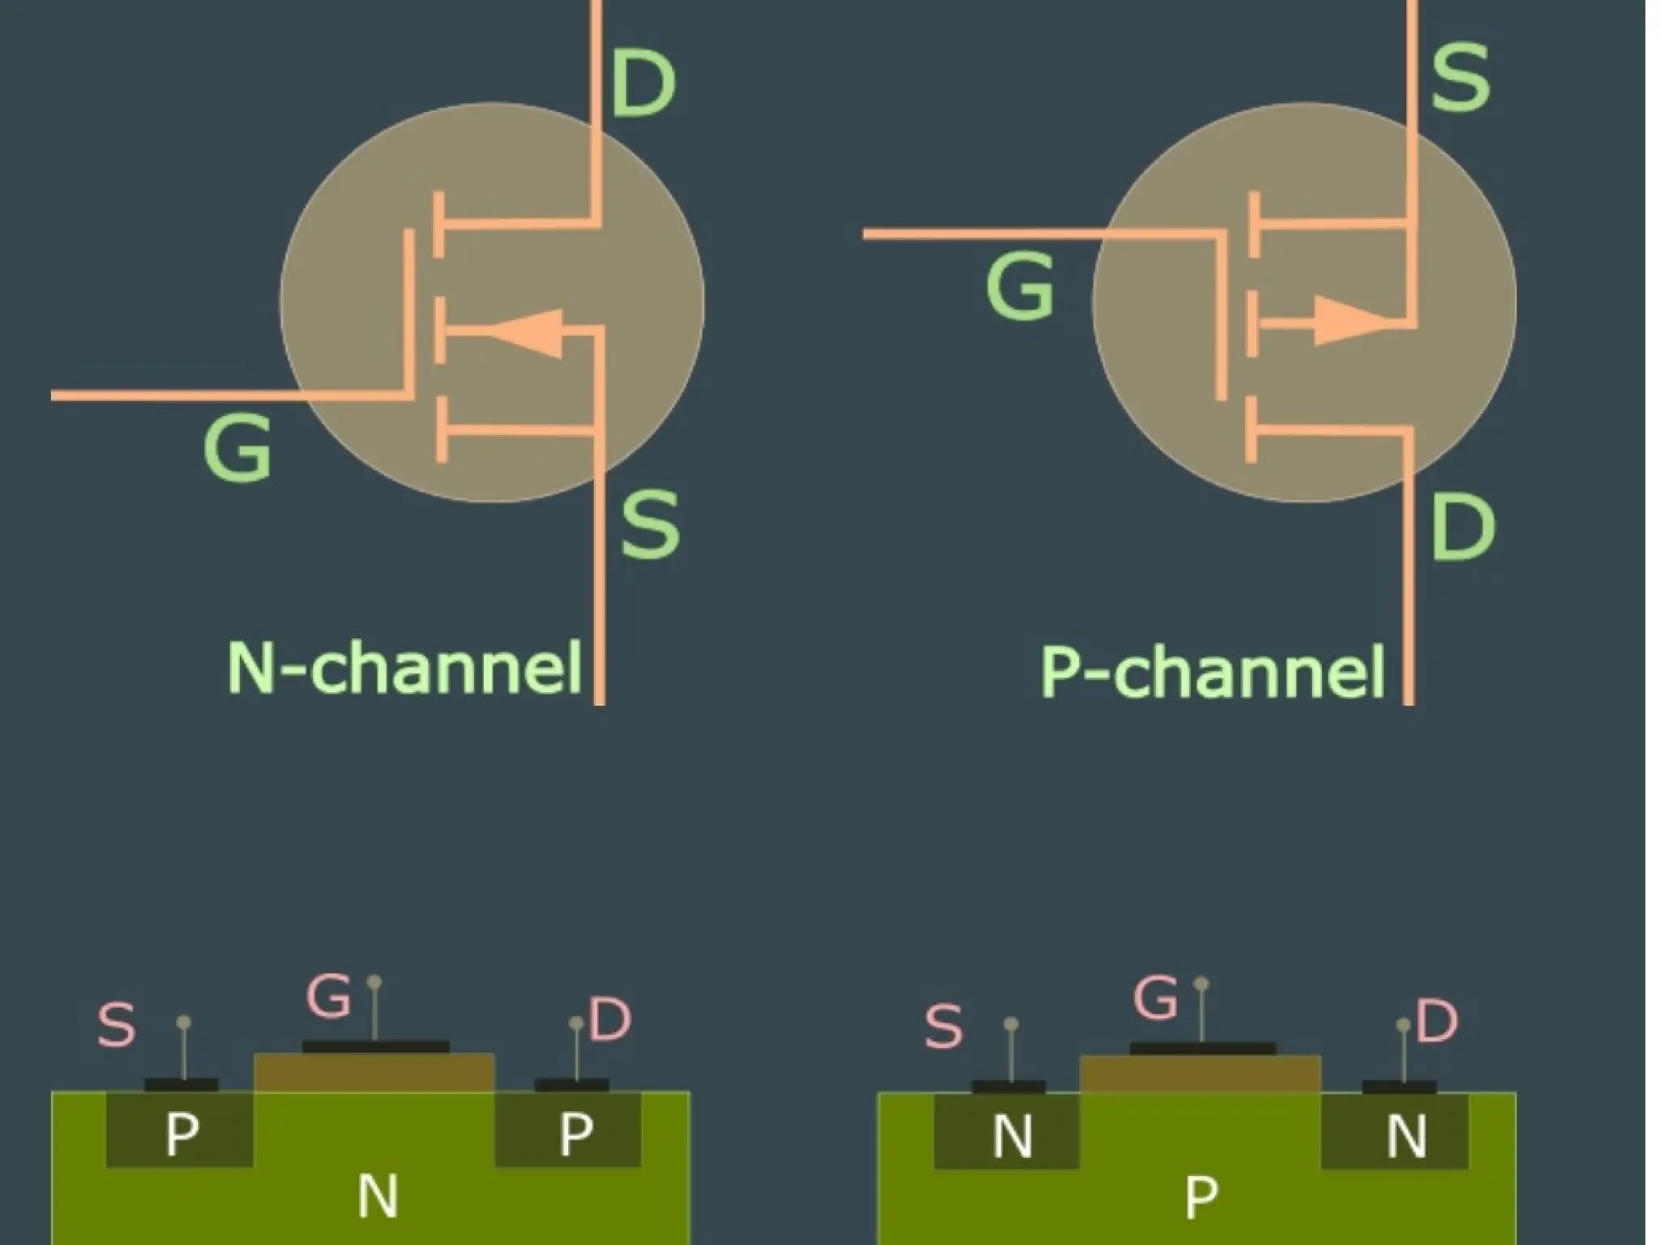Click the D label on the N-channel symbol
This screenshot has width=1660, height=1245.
[643, 83]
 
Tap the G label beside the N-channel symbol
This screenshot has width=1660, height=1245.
[237, 447]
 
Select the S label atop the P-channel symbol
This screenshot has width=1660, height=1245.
[1460, 78]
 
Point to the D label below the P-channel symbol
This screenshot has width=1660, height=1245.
[1462, 527]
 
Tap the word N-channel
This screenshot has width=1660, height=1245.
[404, 668]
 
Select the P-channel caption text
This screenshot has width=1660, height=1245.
[1213, 671]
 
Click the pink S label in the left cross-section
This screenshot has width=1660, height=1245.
[116, 1025]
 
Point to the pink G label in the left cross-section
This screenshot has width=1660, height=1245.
[328, 995]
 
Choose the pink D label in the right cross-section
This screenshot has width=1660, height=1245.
[1436, 1020]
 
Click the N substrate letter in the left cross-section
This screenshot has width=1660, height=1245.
[378, 1196]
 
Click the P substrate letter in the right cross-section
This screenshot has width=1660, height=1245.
[1200, 1196]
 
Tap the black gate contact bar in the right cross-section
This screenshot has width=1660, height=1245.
[1202, 1049]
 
